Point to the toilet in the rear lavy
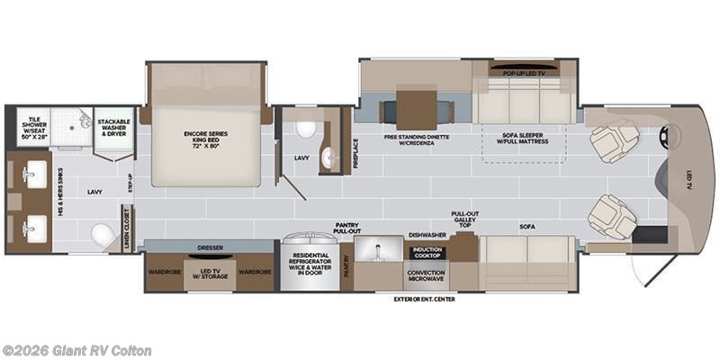pos(103,235)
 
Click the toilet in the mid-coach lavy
pos(306,128)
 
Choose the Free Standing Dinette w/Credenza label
pos(415,140)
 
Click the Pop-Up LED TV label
pos(523,68)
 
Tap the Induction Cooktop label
pos(427,253)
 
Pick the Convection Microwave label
pos(427,274)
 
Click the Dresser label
pos(209,247)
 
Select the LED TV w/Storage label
pos(209,274)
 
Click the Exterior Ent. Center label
pos(424,299)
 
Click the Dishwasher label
pos(427,234)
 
